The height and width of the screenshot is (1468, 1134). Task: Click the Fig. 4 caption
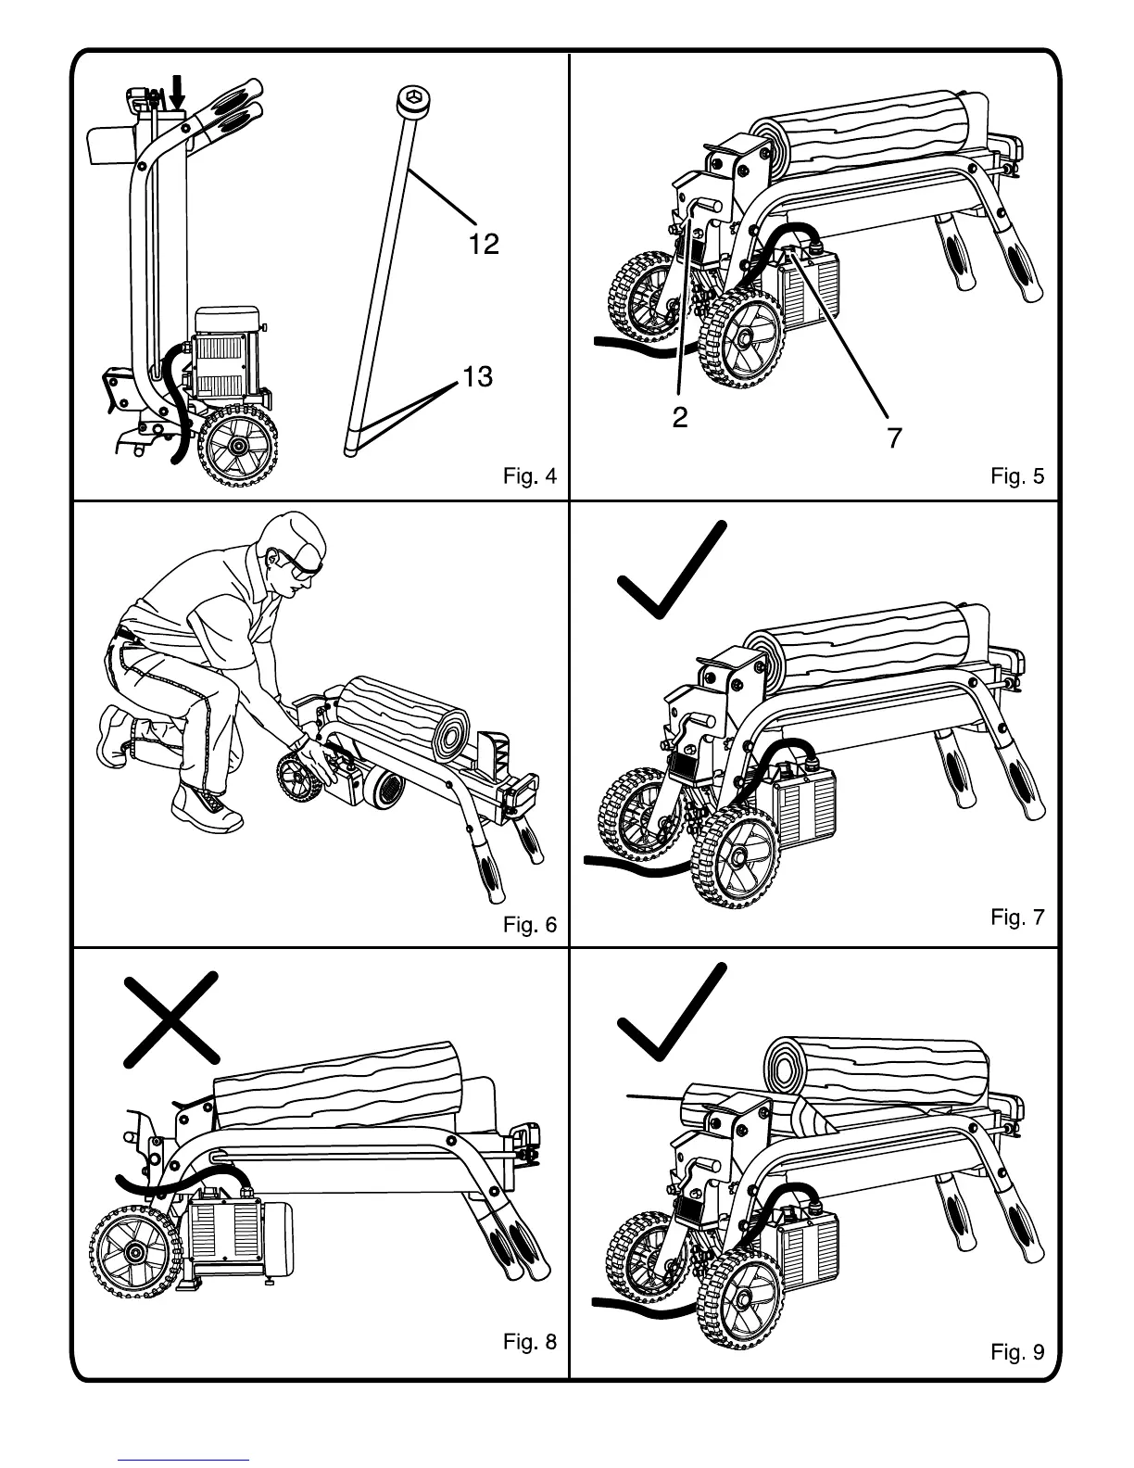coord(530,476)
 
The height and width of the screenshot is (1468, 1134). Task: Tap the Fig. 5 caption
coord(1017,476)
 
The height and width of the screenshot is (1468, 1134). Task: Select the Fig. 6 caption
coord(530,925)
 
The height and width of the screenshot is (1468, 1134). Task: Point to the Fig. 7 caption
coord(1017,917)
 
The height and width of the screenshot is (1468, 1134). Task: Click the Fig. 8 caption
coord(530,1341)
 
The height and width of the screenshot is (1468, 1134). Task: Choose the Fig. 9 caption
coord(1017,1352)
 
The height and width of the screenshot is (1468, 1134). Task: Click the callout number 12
coord(484,244)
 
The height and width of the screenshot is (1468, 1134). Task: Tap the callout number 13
coord(477,377)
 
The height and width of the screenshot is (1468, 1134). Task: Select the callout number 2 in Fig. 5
coord(680,418)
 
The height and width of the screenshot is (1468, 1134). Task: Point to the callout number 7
coord(894,437)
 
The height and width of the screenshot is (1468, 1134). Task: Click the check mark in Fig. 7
coord(670,570)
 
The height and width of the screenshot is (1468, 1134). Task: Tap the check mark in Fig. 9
coord(670,1012)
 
